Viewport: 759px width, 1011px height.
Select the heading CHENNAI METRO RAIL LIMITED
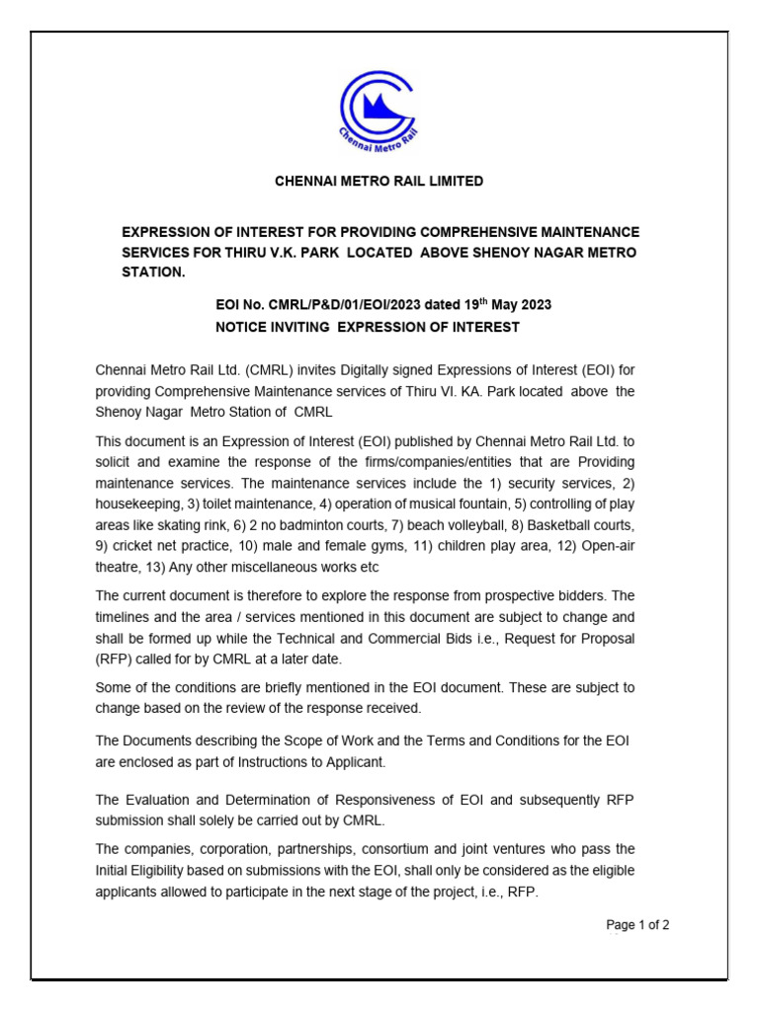pos(379,182)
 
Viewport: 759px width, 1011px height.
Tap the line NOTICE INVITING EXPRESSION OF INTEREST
pos(367,327)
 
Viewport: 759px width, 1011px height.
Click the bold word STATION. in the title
pos(153,272)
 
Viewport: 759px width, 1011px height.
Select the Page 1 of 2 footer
pos(637,925)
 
